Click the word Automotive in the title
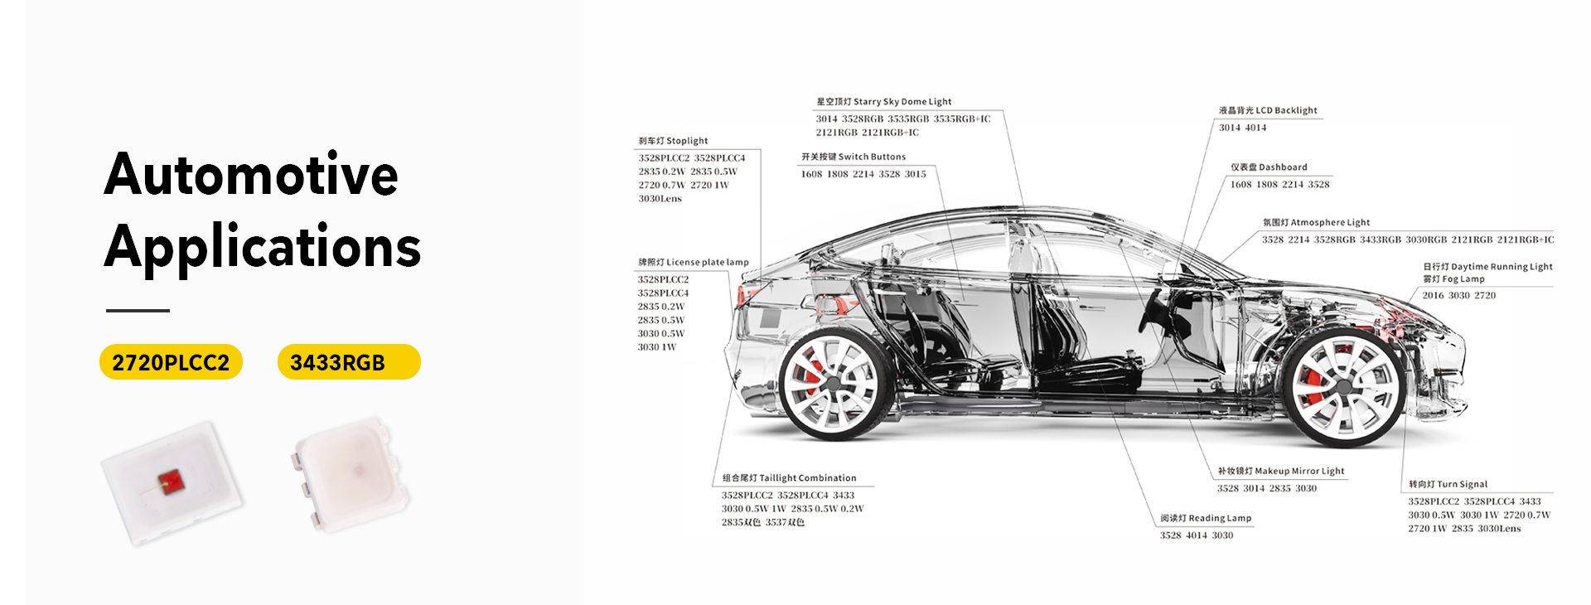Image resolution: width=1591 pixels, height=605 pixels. click(x=251, y=174)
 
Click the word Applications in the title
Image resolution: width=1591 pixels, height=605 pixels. click(x=263, y=247)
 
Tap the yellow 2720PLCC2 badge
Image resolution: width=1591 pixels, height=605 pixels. click(x=171, y=362)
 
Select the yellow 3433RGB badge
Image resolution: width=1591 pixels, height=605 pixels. click(x=349, y=362)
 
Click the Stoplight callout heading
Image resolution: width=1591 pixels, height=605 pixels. click(x=673, y=141)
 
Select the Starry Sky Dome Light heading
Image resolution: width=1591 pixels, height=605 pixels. click(x=883, y=102)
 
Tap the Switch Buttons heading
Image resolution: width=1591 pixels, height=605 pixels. click(x=854, y=157)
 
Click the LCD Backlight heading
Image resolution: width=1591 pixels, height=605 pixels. click(x=1268, y=110)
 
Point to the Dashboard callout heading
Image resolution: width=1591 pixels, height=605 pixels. click(x=1269, y=167)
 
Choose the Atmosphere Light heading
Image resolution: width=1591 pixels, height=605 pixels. click(x=1316, y=223)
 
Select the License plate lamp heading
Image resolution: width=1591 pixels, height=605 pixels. click(x=694, y=263)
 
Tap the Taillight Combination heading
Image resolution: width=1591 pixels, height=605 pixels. click(x=789, y=478)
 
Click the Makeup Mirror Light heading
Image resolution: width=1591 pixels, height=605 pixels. click(x=1281, y=472)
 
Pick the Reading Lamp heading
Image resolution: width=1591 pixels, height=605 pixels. click(x=1206, y=519)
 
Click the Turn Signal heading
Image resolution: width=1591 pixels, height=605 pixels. click(x=1448, y=485)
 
